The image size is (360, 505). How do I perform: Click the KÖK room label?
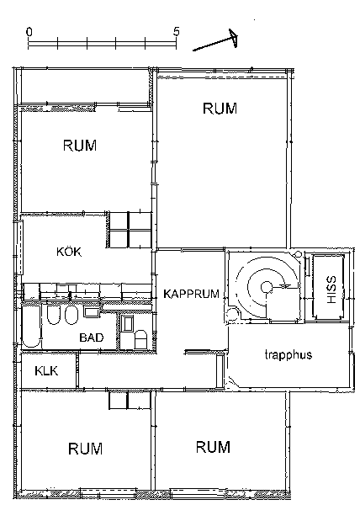point(69,252)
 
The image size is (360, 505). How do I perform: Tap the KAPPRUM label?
point(192,294)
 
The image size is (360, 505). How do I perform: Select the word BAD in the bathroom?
point(92,338)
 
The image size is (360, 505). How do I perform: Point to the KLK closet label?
point(46,371)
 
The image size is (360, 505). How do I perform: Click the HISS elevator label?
point(331,290)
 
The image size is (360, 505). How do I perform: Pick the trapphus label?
point(289,354)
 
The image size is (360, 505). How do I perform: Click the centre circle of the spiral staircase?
point(266,286)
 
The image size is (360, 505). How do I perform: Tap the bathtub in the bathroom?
point(31,326)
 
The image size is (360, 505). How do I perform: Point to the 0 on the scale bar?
point(29,32)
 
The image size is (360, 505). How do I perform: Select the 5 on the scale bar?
point(176,32)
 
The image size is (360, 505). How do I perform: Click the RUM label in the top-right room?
point(220,109)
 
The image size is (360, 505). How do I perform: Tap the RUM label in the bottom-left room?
point(85,449)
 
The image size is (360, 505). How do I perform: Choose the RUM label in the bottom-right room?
point(213,447)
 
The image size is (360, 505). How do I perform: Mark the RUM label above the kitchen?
point(80,146)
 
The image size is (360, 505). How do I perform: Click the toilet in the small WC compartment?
point(140,339)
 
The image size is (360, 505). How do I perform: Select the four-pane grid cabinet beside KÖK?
point(130,230)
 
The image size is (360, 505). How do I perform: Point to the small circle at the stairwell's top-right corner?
point(299,254)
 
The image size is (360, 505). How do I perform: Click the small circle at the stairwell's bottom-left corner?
point(231,313)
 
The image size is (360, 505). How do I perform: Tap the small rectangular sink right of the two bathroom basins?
point(90,311)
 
